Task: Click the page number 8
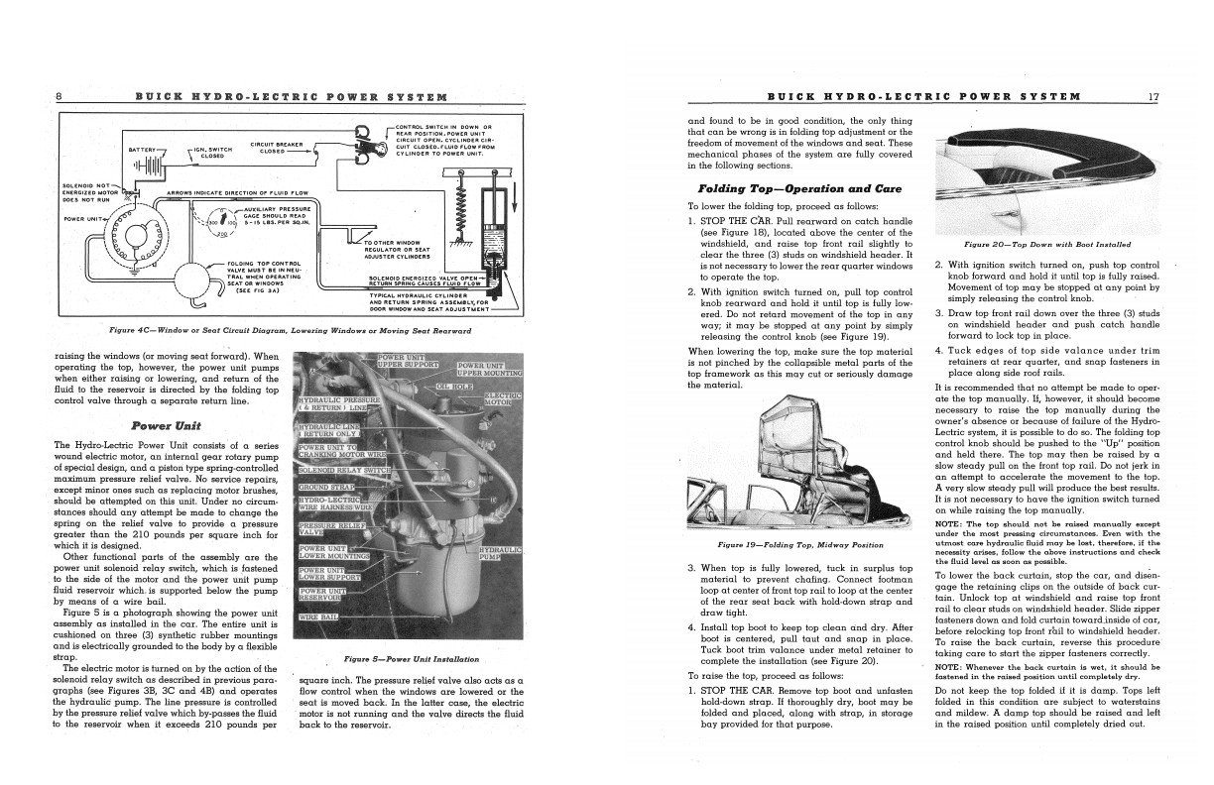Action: pyautogui.click(x=60, y=96)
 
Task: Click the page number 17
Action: pyautogui.click(x=1153, y=96)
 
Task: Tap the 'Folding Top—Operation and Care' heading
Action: pyautogui.click(x=784, y=188)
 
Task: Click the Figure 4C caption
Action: pyautogui.click(x=290, y=330)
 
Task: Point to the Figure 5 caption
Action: pyautogui.click(x=411, y=659)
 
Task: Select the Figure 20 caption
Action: pyautogui.click(x=1046, y=244)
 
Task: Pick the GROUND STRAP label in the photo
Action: pyautogui.click(x=327, y=488)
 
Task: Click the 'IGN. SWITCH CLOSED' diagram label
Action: pyautogui.click(x=212, y=152)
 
